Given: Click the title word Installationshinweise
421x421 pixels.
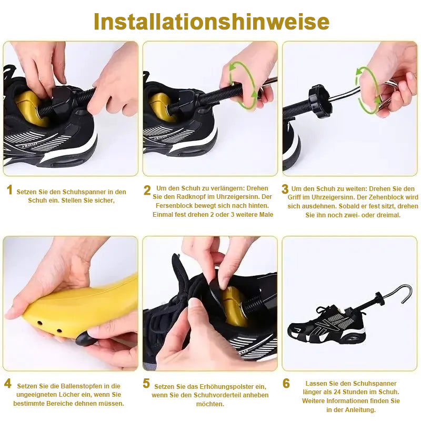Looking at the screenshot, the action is click(x=212, y=22).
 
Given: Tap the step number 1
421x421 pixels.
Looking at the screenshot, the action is click(x=9, y=190).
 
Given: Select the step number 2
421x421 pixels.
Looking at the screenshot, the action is click(x=147, y=191).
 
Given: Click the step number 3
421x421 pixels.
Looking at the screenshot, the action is click(x=285, y=189).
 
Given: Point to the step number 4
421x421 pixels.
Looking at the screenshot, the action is click(x=8, y=384).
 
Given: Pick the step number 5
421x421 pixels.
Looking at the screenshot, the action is click(x=146, y=384).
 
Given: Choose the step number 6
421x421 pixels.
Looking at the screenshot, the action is click(x=286, y=384).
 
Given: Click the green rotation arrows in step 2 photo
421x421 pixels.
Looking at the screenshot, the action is click(x=242, y=85).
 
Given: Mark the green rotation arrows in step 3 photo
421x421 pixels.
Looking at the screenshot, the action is click(x=367, y=90).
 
